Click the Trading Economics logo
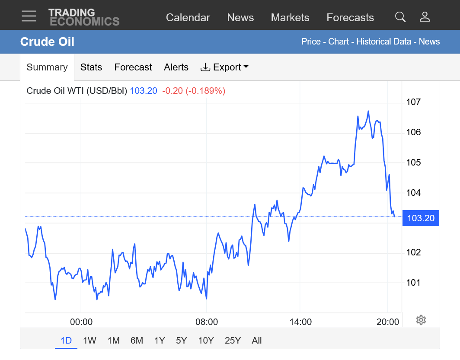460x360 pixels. click(83, 17)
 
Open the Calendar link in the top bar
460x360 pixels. click(188, 18)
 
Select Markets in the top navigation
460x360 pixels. click(290, 18)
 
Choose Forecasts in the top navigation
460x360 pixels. click(350, 18)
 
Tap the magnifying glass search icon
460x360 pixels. click(400, 17)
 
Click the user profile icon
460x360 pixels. click(425, 17)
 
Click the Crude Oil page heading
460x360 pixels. click(47, 41)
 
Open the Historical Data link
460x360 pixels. click(384, 41)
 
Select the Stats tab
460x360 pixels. click(91, 67)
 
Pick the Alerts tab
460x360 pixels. click(176, 67)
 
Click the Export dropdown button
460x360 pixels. click(224, 67)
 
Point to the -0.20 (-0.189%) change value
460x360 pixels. click(194, 91)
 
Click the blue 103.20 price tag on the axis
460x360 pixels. click(420, 218)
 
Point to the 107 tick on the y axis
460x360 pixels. click(413, 102)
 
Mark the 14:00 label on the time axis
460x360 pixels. click(300, 322)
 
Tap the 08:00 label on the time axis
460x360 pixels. click(207, 322)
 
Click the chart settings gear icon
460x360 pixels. click(421, 320)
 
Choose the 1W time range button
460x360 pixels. click(89, 341)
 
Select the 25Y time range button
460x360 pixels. click(233, 341)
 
